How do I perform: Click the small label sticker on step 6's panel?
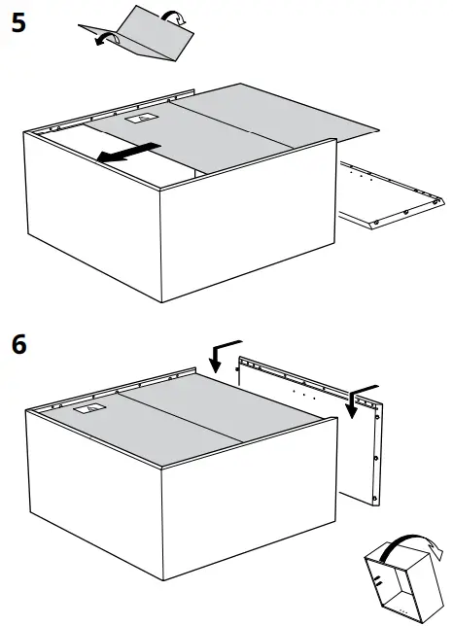coord(88,410)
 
